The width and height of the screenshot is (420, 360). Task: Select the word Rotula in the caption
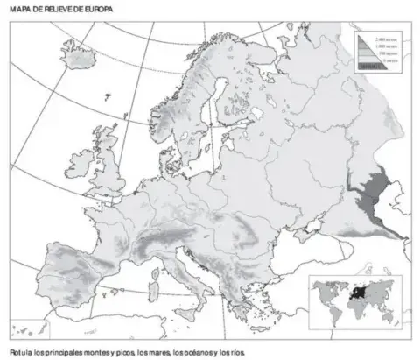[x=17, y=352]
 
